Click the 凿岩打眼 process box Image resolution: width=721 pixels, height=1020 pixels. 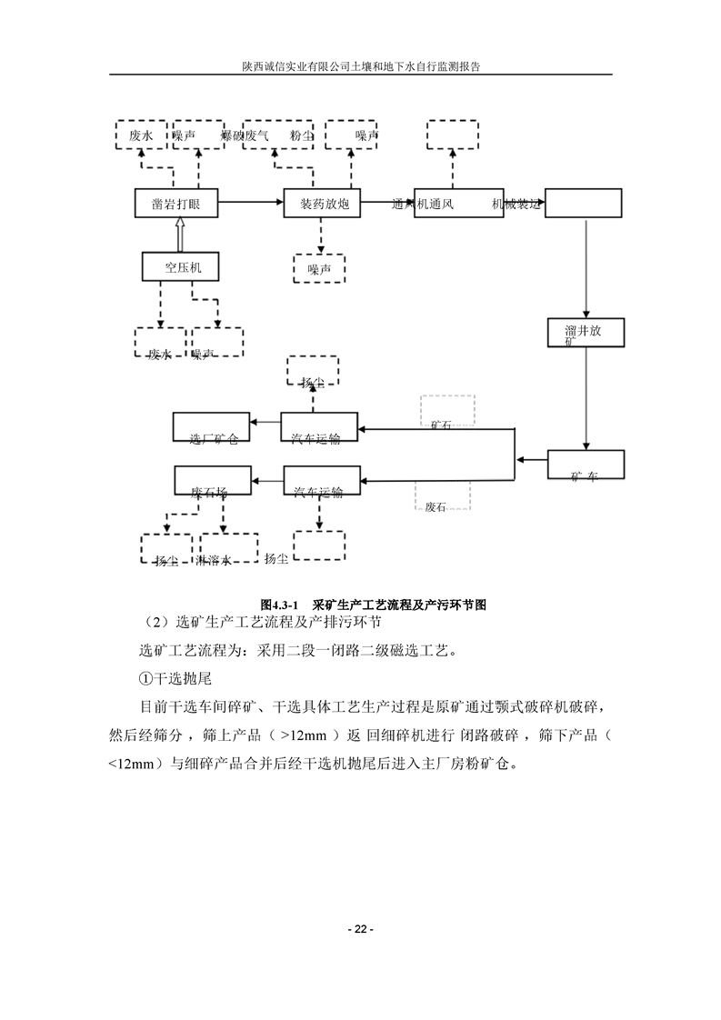pos(176,204)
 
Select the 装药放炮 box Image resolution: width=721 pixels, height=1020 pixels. pos(323,204)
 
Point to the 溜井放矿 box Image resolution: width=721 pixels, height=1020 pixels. pos(587,333)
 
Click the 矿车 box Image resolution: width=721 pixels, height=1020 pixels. pos(586,465)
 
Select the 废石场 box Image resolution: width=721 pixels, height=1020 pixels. pos(212,481)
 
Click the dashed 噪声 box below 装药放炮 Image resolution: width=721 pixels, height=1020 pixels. pos(319,268)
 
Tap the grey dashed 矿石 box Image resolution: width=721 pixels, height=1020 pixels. pos(446,410)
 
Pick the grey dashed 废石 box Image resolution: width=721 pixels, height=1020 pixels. pos(442,496)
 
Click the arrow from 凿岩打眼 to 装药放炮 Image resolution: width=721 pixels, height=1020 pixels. pos(251,204)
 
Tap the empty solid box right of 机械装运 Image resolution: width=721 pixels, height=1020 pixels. pos(583,204)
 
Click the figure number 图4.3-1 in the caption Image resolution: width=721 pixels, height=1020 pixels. pos(280,604)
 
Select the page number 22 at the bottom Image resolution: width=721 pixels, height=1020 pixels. pos(360,929)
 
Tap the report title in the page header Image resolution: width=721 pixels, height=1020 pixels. pos(360,66)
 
